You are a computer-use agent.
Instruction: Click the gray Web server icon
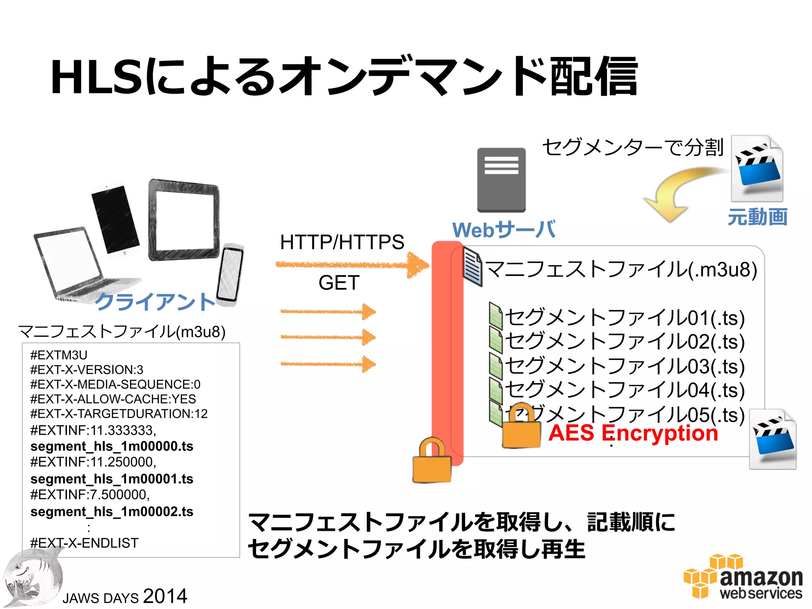(x=501, y=180)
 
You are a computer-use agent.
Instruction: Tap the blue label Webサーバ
(x=504, y=230)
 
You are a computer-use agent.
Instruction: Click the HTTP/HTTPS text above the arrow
(x=342, y=242)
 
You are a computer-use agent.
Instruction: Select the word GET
(x=339, y=283)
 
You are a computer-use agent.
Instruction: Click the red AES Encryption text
(x=633, y=433)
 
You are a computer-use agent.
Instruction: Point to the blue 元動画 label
(x=757, y=217)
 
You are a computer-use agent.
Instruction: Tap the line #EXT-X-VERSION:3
(x=87, y=370)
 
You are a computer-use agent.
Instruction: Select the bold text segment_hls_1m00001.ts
(x=112, y=479)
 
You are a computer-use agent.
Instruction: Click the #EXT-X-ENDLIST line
(x=84, y=543)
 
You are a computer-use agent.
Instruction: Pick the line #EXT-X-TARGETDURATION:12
(x=119, y=414)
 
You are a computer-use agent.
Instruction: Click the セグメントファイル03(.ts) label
(x=625, y=366)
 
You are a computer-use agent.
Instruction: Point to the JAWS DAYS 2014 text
(x=124, y=596)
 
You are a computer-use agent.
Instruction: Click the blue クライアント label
(x=155, y=302)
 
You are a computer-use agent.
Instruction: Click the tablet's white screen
(x=184, y=220)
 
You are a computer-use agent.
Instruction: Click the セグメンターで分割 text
(x=633, y=147)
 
